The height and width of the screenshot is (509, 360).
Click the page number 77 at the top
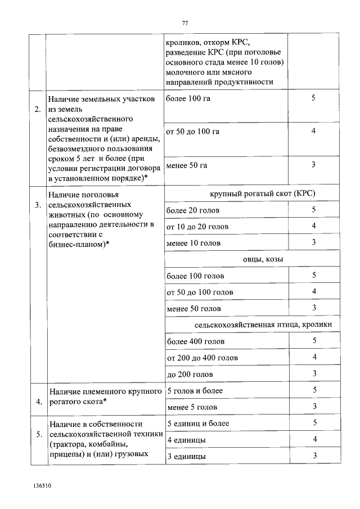click(184, 23)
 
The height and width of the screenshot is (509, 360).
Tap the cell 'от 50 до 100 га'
click(193, 132)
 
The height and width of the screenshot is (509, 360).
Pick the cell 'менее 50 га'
click(187, 165)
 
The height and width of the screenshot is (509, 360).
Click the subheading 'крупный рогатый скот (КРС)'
click(254, 193)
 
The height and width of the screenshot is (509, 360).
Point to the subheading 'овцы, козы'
click(254, 259)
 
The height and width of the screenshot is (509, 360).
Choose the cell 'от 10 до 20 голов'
click(197, 227)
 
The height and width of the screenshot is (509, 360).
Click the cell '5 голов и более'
click(195, 390)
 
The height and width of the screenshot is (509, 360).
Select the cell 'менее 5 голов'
click(192, 407)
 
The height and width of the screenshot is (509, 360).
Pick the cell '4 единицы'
click(186, 439)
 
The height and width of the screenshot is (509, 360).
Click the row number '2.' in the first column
click(37, 109)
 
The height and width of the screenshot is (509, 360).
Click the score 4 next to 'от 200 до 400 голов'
click(314, 357)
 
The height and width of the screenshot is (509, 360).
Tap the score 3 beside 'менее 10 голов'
click(314, 242)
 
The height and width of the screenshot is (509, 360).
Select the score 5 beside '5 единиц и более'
click(314, 423)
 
